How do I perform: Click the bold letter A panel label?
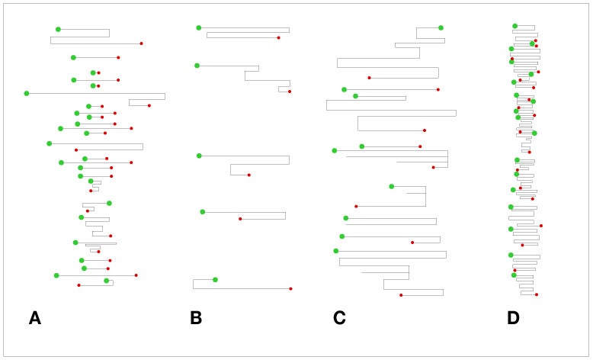pos(35,318)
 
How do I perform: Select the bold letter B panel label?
pos(196,318)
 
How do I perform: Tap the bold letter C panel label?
pos(339,318)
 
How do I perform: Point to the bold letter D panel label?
pos(513,318)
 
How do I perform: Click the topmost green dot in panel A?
pos(58,30)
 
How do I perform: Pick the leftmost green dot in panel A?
pos(27,94)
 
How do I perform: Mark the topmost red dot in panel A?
pos(142,43)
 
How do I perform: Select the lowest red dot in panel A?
pos(79,285)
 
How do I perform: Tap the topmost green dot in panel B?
pos(199,27)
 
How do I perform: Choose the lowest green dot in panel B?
pos(215,280)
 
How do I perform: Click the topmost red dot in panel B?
pos(279,38)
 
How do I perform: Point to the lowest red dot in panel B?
pos(291,289)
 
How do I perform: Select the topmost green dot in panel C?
pos(441,27)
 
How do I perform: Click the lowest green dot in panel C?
pos(336,251)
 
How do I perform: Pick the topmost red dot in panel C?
pos(370,78)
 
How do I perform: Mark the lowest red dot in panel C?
pos(401,295)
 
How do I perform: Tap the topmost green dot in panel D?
pos(515,26)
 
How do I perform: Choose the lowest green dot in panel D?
pos(514,275)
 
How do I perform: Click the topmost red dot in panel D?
pos(536,40)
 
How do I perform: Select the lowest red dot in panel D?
pos(537,294)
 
